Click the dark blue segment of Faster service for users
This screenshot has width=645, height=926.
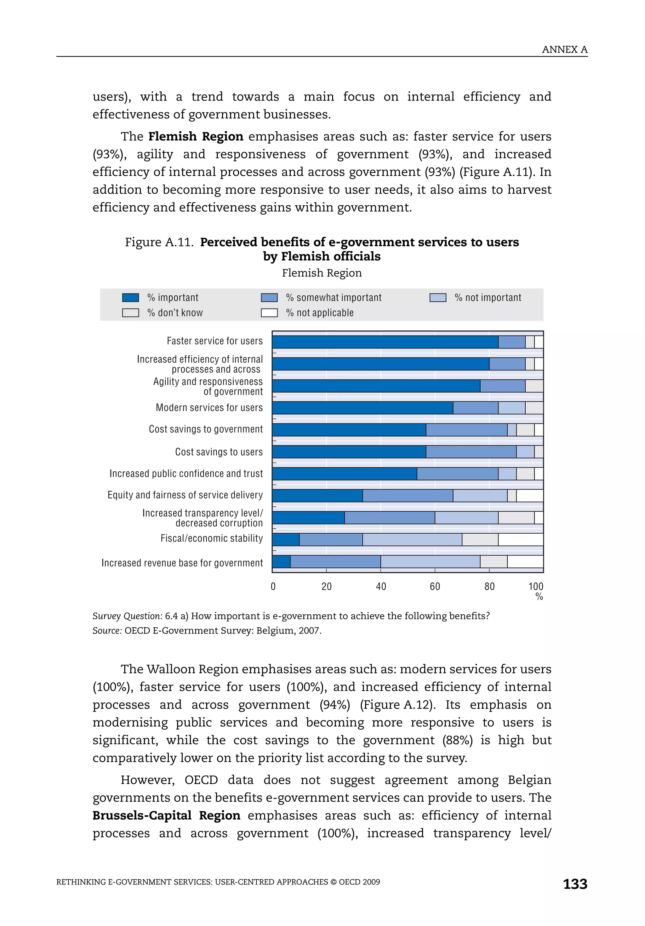(x=385, y=342)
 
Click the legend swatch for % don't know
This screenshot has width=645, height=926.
(x=130, y=313)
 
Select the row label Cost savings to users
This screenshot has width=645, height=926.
(x=219, y=452)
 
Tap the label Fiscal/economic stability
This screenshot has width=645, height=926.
(x=211, y=538)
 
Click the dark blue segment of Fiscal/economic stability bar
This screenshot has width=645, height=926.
(x=286, y=540)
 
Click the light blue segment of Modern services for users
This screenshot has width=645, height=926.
(x=511, y=408)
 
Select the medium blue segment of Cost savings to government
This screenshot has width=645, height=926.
(x=466, y=430)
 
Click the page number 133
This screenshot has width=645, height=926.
(x=575, y=884)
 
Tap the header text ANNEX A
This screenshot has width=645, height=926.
(x=564, y=50)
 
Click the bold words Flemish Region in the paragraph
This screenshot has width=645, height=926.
(x=196, y=136)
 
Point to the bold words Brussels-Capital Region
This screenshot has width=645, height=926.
(x=166, y=815)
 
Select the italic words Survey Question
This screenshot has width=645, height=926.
(x=127, y=616)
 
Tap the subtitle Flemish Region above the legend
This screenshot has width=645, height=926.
(x=322, y=273)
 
